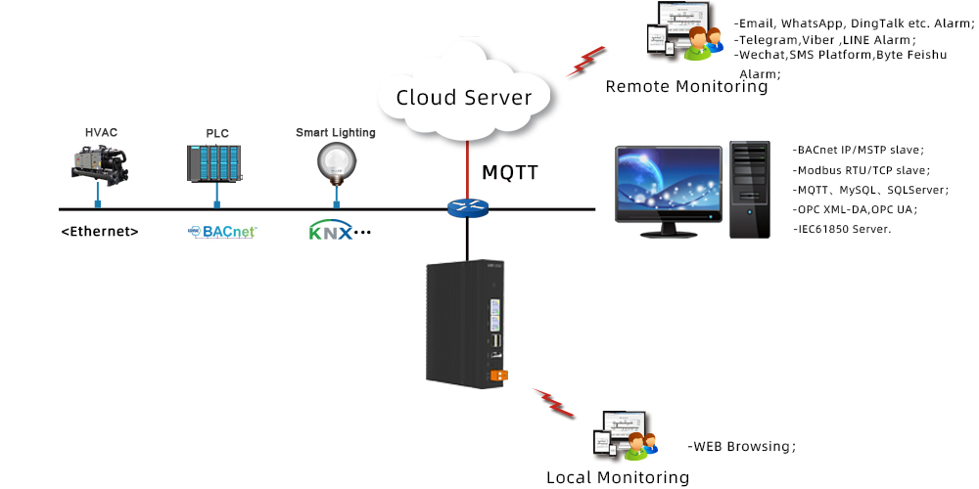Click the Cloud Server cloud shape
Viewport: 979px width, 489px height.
[463, 96]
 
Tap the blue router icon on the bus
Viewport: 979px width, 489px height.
[467, 208]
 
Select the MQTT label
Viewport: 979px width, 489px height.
[510, 173]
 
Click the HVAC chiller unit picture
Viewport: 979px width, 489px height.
[100, 163]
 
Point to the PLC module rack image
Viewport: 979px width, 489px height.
[214, 163]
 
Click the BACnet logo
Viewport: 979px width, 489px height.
[222, 232]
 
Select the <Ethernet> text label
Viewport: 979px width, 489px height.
[99, 232]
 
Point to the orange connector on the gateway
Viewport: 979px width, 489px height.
[499, 375]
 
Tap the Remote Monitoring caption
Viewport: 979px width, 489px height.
[686, 86]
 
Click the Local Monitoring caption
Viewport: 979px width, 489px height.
[618, 477]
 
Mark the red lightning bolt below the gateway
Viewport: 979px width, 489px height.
[554, 402]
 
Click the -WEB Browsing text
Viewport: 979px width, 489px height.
[742, 446]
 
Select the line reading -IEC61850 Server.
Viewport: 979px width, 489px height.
[842, 228]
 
